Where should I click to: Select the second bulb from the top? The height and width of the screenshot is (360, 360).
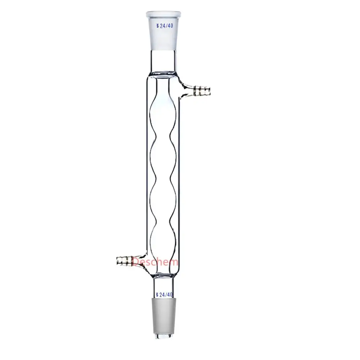(x=163, y=158)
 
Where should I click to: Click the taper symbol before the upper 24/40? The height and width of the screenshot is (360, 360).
(x=157, y=26)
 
